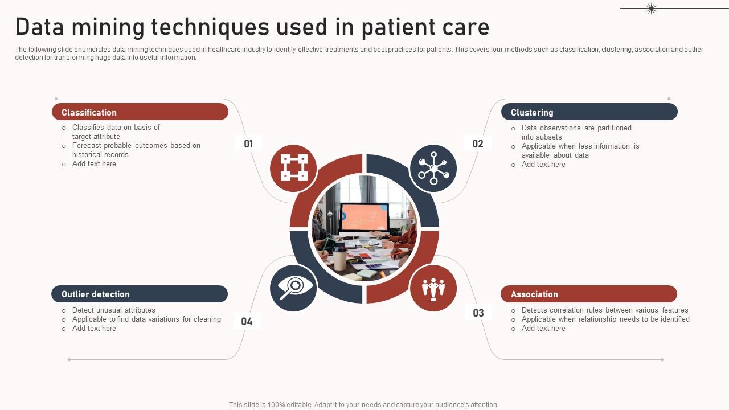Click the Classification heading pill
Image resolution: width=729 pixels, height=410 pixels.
tap(140, 112)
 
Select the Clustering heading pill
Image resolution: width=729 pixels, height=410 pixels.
tap(589, 112)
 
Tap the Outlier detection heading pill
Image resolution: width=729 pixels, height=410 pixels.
tap(140, 294)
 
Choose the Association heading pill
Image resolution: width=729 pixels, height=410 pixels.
tap(588, 294)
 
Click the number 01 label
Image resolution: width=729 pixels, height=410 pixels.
tap(248, 143)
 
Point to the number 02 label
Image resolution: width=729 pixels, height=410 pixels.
tap(478, 143)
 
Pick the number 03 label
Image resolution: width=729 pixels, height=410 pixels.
tap(478, 313)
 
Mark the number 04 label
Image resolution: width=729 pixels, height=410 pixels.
tap(247, 321)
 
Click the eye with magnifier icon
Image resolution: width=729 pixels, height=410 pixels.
tap(293, 288)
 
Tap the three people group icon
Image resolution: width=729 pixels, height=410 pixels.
tap(433, 288)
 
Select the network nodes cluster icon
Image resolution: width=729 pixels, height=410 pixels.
tap(433, 168)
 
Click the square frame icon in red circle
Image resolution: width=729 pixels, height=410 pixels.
tap(293, 168)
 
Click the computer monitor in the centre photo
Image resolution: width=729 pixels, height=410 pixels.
tap(364, 219)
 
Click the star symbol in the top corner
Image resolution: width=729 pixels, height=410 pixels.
tap(651, 8)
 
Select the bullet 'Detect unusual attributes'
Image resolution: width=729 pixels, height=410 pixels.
tap(113, 310)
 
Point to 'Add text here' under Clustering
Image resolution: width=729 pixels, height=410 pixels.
tap(543, 165)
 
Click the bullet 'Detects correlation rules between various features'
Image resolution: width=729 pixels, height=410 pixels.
tap(604, 310)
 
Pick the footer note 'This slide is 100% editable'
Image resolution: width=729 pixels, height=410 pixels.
tap(363, 405)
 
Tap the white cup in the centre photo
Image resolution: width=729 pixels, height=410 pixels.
tap(340, 261)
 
